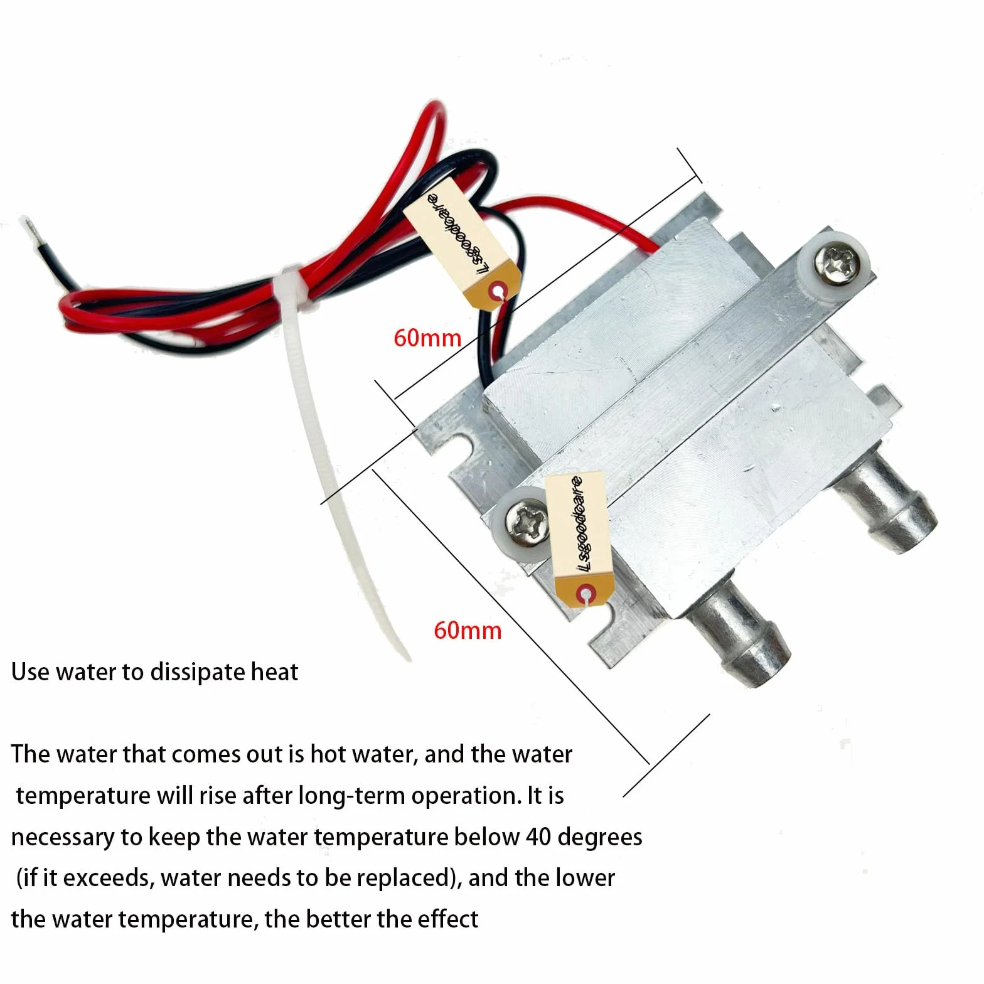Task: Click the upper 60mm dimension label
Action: pyautogui.click(x=427, y=338)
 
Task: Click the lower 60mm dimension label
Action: pyautogui.click(x=468, y=630)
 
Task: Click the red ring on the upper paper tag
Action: pyautogui.click(x=499, y=292)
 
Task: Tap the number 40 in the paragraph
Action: pyautogui.click(x=538, y=837)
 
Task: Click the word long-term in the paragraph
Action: pyautogui.click(x=351, y=796)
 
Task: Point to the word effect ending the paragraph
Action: pyautogui.click(x=447, y=919)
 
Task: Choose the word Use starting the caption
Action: pyautogui.click(x=30, y=672)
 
